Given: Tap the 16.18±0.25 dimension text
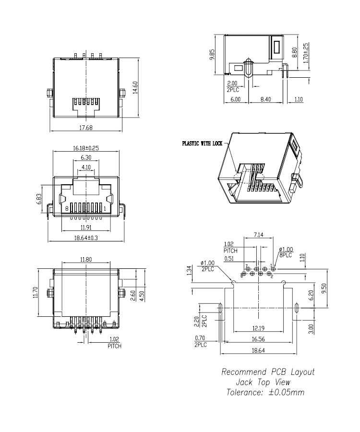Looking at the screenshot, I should click(x=85, y=148).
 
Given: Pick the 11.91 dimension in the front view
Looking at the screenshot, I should click(x=86, y=227).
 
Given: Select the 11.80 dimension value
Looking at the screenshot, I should click(x=85, y=260).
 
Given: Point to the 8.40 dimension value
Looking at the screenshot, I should click(x=265, y=99).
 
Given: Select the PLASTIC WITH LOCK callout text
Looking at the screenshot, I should click(x=202, y=143).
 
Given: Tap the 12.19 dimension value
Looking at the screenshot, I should click(x=258, y=328).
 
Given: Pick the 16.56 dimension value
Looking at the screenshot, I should click(x=258, y=339).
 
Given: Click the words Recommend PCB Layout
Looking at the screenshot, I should click(x=268, y=372).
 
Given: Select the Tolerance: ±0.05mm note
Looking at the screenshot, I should click(x=265, y=392).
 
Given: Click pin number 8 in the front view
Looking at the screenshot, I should click(x=67, y=209).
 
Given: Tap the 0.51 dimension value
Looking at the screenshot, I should click(x=230, y=259).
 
